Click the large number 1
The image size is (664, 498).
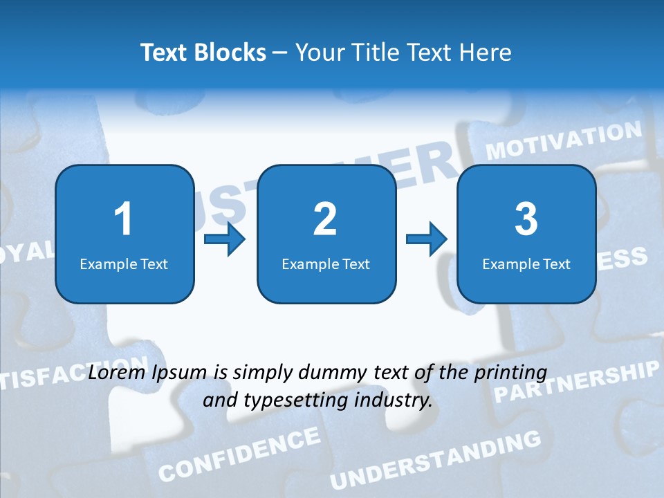(123, 219)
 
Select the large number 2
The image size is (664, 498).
(325, 219)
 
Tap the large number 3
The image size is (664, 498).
(526, 219)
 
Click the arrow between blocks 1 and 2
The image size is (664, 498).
(225, 240)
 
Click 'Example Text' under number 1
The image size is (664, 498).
(124, 264)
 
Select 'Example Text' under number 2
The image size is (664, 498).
(326, 264)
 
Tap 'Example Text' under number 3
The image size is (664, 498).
(526, 264)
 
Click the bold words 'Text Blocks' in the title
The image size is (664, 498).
(203, 53)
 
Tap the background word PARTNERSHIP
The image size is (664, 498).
(575, 382)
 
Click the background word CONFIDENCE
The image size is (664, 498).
(239, 454)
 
